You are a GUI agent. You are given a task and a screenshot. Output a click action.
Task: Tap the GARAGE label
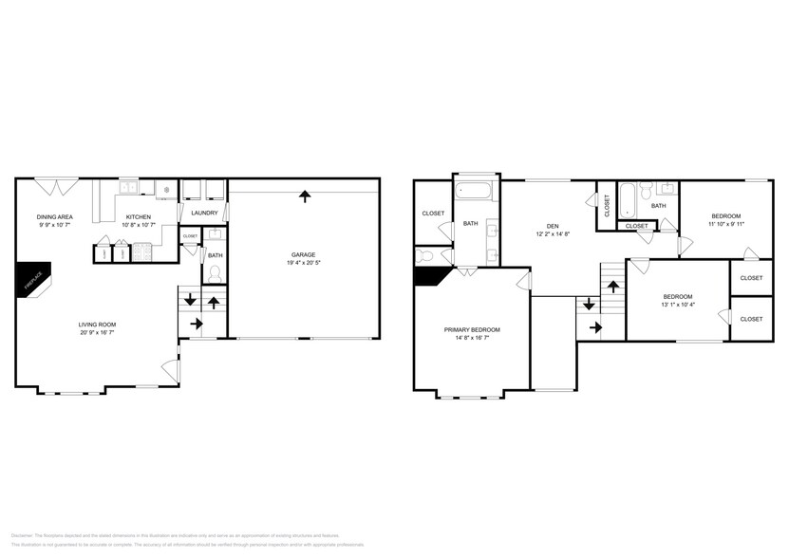coord(304,254)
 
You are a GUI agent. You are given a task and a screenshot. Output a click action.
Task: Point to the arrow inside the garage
coord(304,196)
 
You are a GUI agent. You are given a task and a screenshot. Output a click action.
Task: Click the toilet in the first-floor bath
coord(215,272)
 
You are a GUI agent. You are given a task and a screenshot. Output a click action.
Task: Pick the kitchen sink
coord(129,187)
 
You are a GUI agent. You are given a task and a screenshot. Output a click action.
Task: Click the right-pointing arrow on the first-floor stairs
coord(196,324)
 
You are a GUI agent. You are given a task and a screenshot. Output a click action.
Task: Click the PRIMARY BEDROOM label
coord(472,329)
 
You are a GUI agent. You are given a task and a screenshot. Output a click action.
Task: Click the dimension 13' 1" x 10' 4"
coord(678,304)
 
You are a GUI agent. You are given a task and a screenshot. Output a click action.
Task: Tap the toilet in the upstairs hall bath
coord(646,193)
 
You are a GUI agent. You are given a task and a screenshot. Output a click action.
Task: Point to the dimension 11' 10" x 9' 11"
coord(725,224)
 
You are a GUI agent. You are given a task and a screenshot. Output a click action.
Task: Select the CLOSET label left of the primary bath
coord(433,214)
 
